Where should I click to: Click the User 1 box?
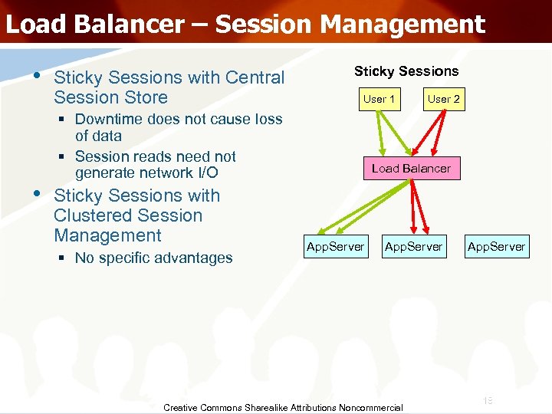pyautogui.click(x=379, y=99)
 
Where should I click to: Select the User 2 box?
pyautogui.click(x=444, y=99)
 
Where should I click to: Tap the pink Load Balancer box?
pyautogui.click(x=412, y=168)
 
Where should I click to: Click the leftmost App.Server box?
pyautogui.click(x=335, y=246)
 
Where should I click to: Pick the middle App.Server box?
pyautogui.click(x=413, y=246)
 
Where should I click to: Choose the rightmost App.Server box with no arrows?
pyautogui.click(x=496, y=246)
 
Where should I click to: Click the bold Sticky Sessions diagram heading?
pyautogui.click(x=406, y=71)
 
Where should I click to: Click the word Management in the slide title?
pyautogui.click(x=402, y=24)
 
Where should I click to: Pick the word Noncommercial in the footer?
pyautogui.click(x=370, y=408)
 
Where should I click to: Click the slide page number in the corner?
pyautogui.click(x=488, y=401)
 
